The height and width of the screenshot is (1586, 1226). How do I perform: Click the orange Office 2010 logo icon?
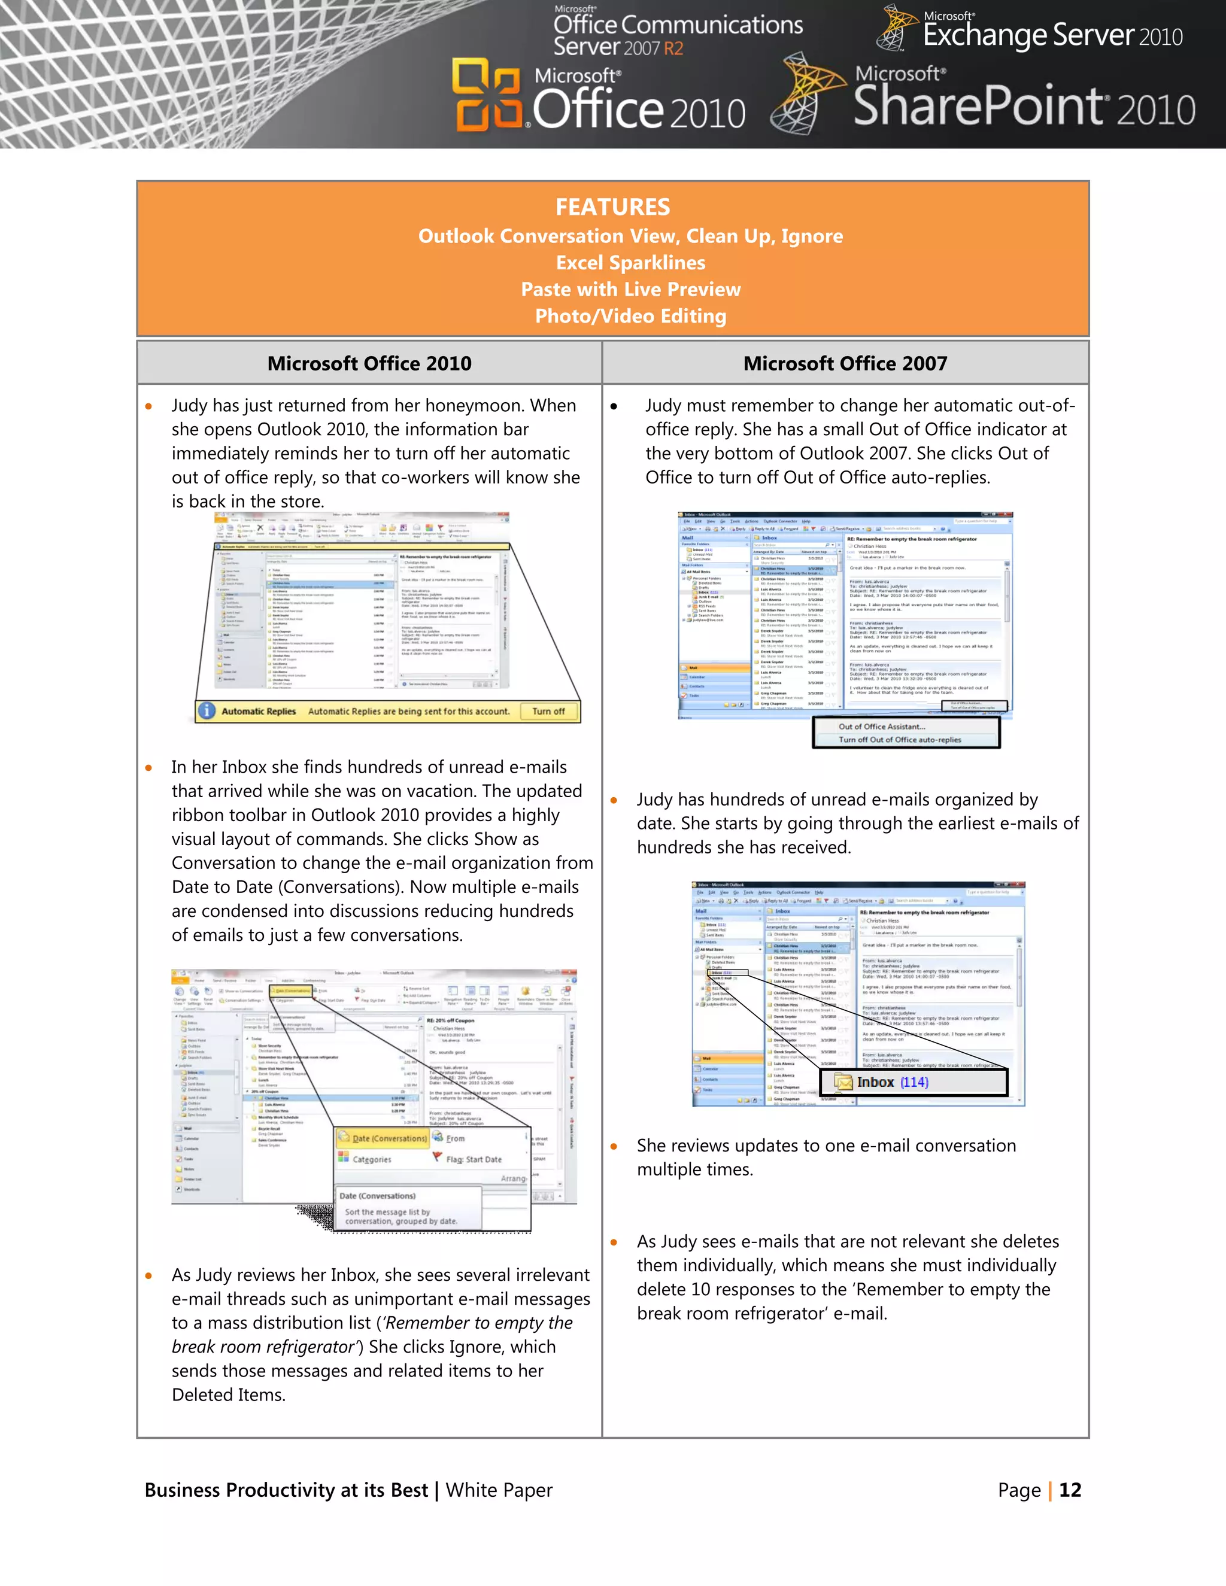pos(487,95)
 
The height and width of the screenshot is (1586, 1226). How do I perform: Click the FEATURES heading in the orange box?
pos(612,207)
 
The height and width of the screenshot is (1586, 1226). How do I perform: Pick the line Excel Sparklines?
pos(630,263)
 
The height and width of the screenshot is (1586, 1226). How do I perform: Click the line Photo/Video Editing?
pos(630,316)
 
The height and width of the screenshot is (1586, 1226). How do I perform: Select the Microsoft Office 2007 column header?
pos(845,363)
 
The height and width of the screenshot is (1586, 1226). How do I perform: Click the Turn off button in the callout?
pos(548,712)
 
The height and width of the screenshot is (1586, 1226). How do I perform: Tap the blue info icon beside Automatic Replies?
pos(207,711)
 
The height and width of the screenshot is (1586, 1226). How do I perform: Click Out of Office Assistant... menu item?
pos(882,726)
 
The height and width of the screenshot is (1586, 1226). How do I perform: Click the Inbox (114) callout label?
pos(892,1083)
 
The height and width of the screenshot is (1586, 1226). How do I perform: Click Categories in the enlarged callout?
pos(371,1160)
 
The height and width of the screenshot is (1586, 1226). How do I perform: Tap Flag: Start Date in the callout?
pos(473,1160)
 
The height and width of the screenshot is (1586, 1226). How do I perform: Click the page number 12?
pos(1069,1490)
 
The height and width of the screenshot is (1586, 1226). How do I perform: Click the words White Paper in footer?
pos(499,1490)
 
